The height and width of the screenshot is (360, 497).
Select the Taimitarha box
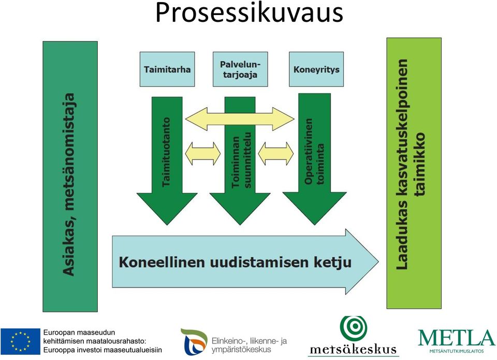(x=167, y=69)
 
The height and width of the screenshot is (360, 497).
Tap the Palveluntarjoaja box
(x=240, y=69)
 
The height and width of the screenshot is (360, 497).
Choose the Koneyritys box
(x=316, y=69)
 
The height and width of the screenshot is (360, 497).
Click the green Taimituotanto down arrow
(x=167, y=160)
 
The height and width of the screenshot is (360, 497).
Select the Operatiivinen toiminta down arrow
(x=314, y=159)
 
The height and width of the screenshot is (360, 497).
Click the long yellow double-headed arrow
(x=240, y=119)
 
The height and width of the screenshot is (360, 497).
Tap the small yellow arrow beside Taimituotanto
(x=203, y=154)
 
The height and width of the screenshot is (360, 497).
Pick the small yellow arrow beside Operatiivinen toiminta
(x=276, y=154)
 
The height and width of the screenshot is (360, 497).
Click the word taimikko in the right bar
(x=419, y=164)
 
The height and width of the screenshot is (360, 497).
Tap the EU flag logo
(x=21, y=341)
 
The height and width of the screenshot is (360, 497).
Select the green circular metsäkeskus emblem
(x=354, y=328)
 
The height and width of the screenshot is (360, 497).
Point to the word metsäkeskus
(x=353, y=350)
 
